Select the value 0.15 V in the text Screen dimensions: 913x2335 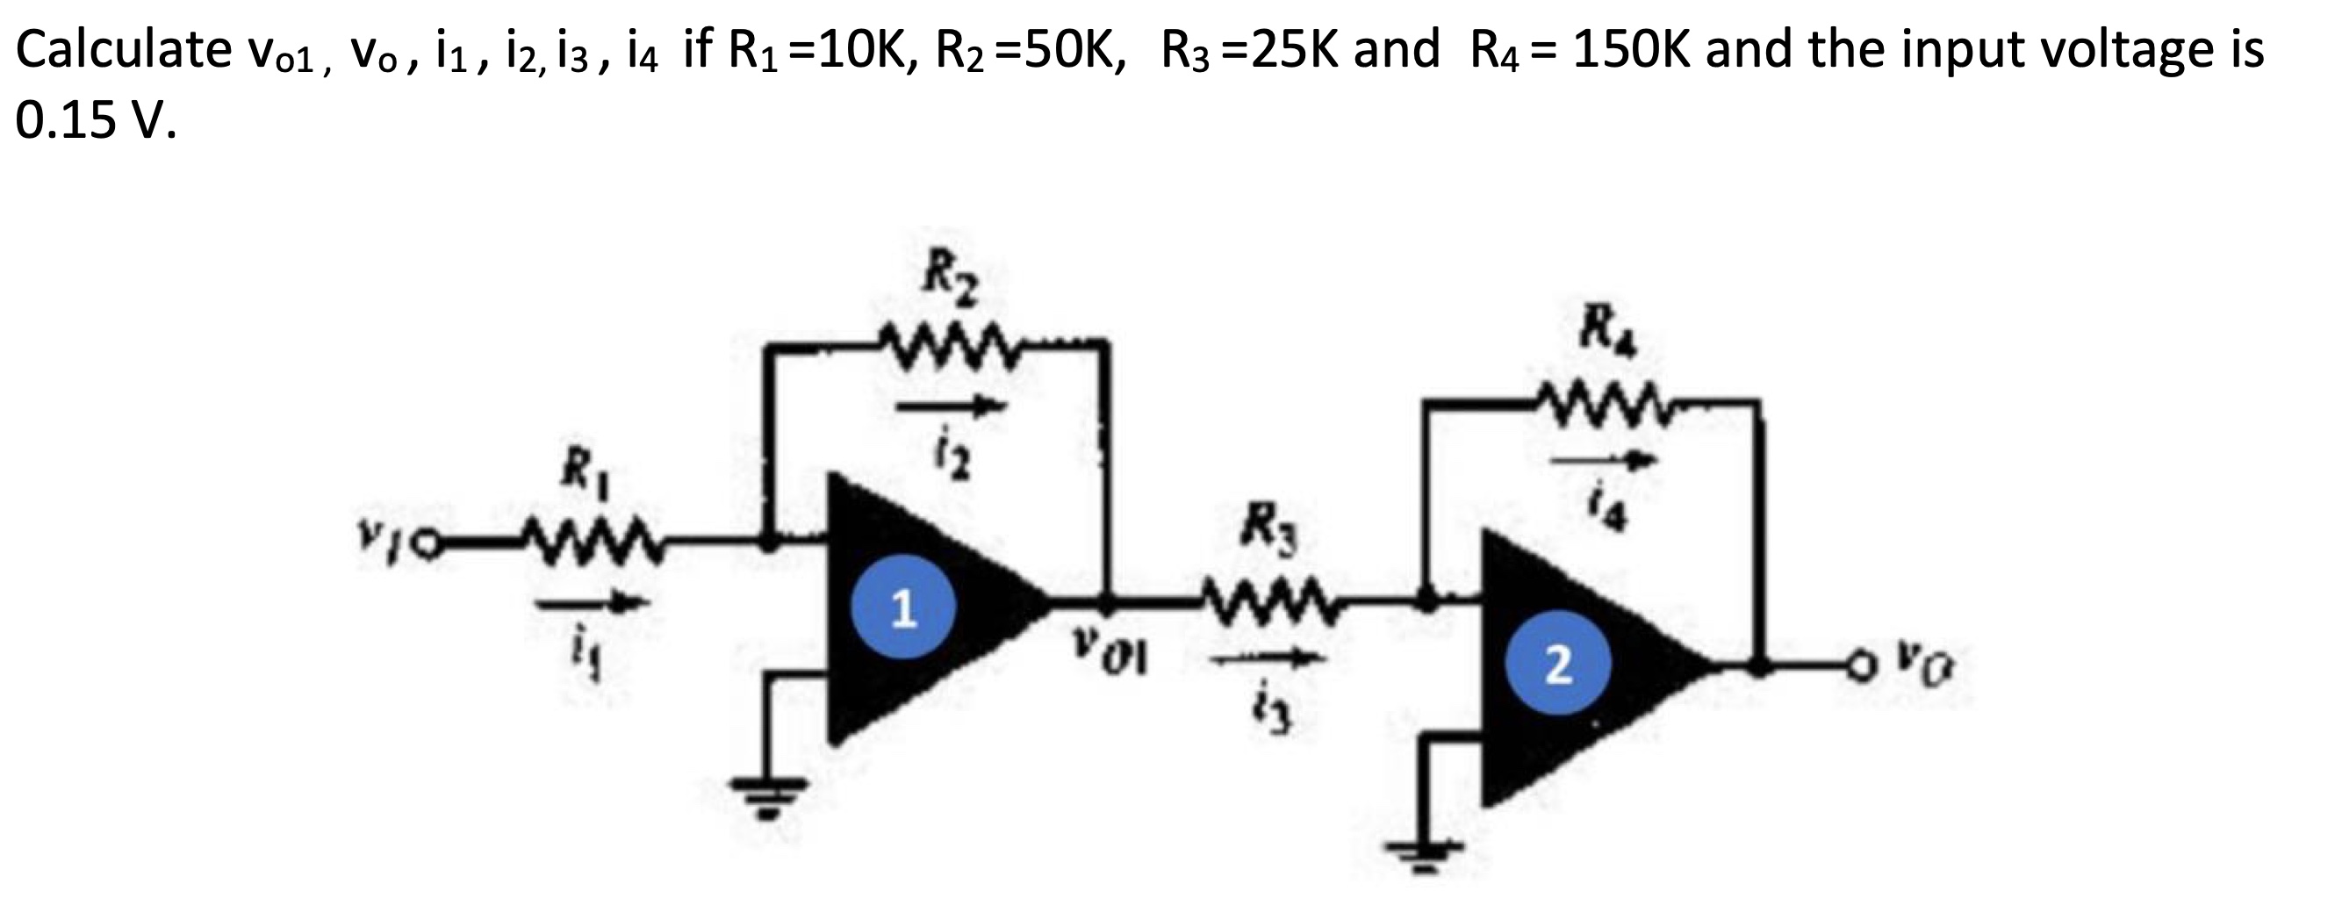point(96,119)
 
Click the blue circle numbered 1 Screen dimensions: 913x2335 point(902,609)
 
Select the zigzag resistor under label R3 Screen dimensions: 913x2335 point(1267,600)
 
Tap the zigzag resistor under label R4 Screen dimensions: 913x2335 point(1606,397)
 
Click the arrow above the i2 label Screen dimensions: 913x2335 point(952,407)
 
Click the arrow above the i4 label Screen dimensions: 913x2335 point(1605,462)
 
